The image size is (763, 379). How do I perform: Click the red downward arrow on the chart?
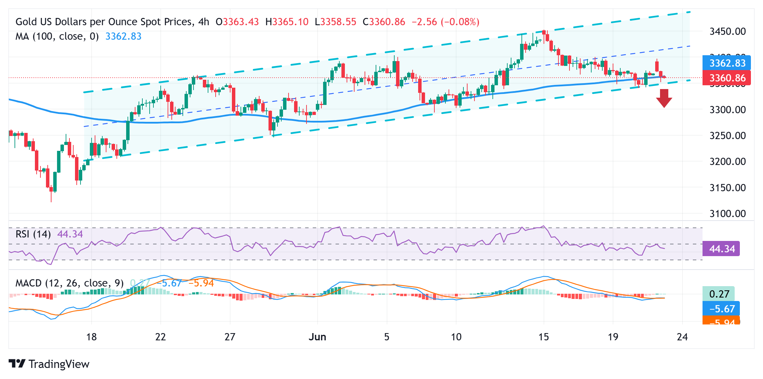664,98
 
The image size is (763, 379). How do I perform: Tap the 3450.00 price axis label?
727,31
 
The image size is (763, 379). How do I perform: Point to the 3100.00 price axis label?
727,214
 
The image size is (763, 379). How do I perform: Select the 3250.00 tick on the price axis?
727,136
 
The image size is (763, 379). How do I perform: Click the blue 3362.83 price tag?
727,63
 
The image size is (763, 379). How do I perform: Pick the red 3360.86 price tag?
727,78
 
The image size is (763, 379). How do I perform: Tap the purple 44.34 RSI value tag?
722,249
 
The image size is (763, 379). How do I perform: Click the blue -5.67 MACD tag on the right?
722,309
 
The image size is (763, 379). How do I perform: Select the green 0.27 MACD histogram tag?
719,294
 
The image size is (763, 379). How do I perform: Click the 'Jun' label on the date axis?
317,337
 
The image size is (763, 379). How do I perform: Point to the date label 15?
544,337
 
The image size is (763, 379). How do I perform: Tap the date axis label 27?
230,337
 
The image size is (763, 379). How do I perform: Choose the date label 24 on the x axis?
682,337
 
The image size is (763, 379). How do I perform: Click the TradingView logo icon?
17,364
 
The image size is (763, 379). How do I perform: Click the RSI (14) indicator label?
33,234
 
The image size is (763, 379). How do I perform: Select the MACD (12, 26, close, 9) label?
69,283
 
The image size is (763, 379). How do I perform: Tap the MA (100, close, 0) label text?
57,36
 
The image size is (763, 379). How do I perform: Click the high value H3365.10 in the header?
287,22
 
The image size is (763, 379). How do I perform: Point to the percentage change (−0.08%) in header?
460,22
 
